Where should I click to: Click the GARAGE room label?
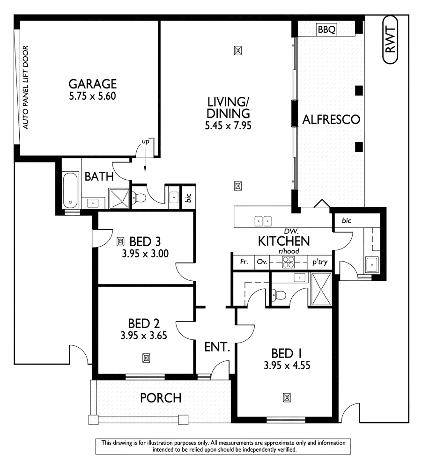92,84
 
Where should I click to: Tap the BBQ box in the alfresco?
326,29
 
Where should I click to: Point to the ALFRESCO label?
331,119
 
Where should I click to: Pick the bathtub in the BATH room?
71,191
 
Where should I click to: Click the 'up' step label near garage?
146,141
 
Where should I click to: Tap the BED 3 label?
145,242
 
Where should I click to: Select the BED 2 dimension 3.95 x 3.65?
144,336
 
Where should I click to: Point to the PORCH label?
161,398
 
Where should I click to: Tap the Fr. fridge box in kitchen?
244,263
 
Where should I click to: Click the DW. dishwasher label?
288,232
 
